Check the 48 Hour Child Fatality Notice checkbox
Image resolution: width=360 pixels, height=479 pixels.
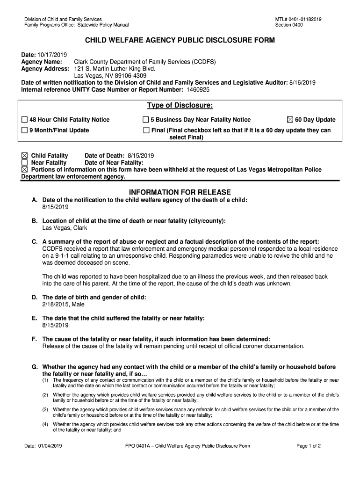point(25,120)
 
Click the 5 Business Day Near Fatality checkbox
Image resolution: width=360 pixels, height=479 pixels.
point(146,120)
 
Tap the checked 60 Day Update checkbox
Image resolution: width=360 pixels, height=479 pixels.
point(290,120)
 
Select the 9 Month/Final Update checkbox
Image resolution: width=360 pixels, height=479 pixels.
point(25,131)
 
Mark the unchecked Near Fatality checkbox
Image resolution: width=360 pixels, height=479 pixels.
point(25,163)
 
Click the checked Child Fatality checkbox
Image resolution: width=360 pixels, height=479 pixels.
point(25,156)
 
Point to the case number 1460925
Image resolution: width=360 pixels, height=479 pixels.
point(198,89)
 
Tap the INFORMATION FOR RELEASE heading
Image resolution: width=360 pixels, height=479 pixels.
point(180,192)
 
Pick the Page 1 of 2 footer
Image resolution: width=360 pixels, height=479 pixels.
point(309,446)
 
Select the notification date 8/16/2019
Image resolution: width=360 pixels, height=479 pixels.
point(302,83)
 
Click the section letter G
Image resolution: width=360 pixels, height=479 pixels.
point(35,367)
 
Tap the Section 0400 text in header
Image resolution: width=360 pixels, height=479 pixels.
point(289,25)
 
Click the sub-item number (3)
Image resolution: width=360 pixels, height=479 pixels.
point(45,409)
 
